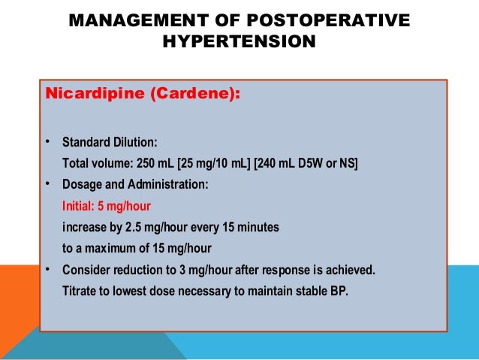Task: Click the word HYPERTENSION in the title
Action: coord(239,42)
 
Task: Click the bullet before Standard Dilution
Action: coord(47,142)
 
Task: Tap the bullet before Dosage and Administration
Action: coord(47,184)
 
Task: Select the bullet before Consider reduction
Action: coord(47,269)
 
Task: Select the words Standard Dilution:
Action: coord(110,142)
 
